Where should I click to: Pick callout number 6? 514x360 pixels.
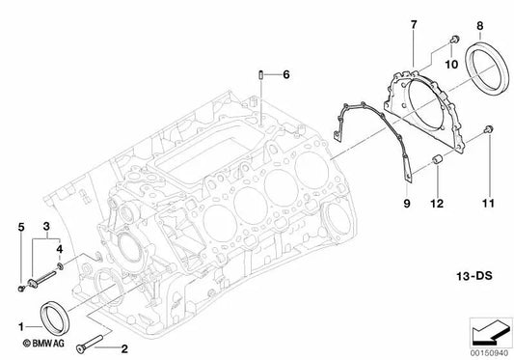point(286,73)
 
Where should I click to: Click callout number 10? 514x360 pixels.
point(448,65)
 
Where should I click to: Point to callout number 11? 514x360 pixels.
point(488,203)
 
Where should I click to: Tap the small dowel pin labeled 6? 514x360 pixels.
point(261,74)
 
